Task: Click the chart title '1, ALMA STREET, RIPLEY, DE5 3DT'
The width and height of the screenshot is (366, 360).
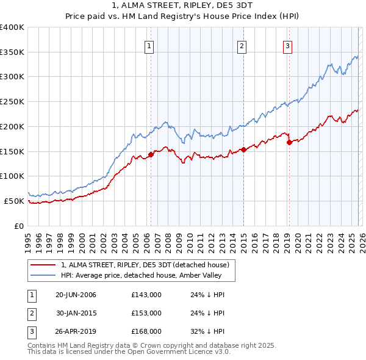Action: [x=182, y=7]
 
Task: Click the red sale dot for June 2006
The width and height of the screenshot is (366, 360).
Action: [x=151, y=154]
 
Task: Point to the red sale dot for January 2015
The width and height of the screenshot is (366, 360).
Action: [x=243, y=149]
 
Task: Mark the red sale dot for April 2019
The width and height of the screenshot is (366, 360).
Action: [x=289, y=142]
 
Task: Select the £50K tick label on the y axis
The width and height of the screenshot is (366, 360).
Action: [x=14, y=201]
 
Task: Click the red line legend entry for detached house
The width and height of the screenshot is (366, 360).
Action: [x=145, y=265]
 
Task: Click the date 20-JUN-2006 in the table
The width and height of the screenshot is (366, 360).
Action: [x=76, y=295]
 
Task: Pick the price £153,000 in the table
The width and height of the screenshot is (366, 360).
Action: [x=146, y=313]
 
